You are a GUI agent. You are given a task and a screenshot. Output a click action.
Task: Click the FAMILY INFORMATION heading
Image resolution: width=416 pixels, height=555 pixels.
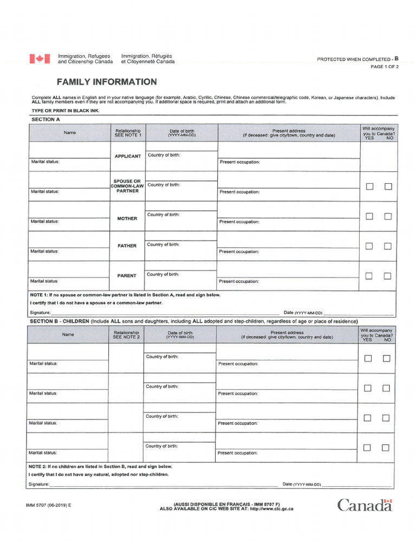pyautogui.click(x=107, y=82)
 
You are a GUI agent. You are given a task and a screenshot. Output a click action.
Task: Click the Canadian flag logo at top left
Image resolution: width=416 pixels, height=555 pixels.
pyautogui.click(x=40, y=59)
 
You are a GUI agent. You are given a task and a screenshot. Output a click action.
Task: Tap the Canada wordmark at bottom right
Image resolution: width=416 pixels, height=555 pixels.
pyautogui.click(x=364, y=505)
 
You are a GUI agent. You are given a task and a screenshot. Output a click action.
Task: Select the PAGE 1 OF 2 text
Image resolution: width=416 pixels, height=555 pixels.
pyautogui.click(x=384, y=67)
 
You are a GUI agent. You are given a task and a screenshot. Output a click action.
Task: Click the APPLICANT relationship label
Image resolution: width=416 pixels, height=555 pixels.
pyautogui.click(x=128, y=157)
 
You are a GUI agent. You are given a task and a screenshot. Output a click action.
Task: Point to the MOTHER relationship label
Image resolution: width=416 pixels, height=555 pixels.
pyautogui.click(x=127, y=218)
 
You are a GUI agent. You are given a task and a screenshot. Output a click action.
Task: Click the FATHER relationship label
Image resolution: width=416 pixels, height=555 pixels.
pyautogui.click(x=127, y=246)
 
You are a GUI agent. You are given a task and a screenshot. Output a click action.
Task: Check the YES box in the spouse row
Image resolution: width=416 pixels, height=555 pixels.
pyautogui.click(x=369, y=186)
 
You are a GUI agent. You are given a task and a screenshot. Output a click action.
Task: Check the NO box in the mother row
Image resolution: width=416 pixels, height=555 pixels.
pyautogui.click(x=388, y=216)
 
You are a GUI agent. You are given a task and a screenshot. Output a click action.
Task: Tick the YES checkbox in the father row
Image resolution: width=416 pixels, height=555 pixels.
pyautogui.click(x=369, y=246)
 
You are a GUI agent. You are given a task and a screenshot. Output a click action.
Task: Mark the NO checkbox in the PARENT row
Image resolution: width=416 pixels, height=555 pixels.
pyautogui.click(x=387, y=276)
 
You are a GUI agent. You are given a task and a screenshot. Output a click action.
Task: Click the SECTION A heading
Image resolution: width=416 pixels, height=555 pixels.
pyautogui.click(x=46, y=119)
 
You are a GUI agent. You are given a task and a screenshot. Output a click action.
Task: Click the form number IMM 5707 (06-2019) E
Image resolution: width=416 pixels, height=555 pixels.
pyautogui.click(x=48, y=505)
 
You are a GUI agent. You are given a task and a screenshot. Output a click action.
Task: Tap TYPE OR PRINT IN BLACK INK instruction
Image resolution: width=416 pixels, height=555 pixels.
pyautogui.click(x=66, y=111)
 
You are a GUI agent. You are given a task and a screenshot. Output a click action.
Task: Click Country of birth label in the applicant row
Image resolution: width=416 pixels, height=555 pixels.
pyautogui.click(x=164, y=156)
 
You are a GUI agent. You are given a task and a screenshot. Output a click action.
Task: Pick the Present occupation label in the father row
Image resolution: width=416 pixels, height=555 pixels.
pyautogui.click(x=239, y=251)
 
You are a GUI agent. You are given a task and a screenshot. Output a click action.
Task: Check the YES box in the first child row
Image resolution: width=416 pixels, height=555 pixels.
pyautogui.click(x=368, y=358)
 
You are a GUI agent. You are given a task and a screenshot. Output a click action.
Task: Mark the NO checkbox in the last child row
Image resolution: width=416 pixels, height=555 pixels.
pyautogui.click(x=386, y=448)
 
